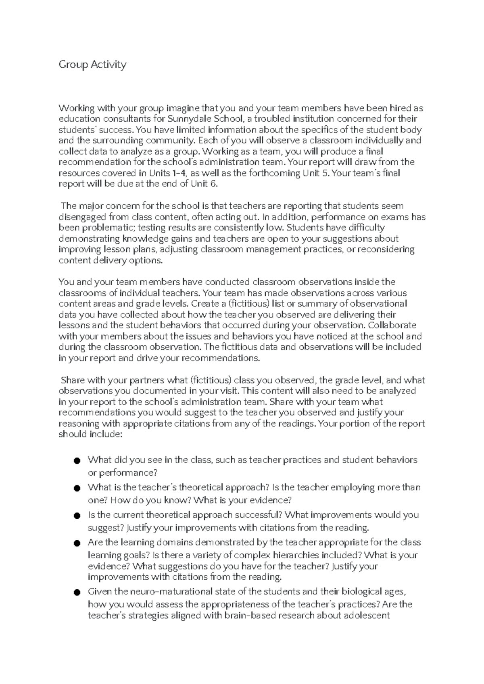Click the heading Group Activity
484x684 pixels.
(x=92, y=64)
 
